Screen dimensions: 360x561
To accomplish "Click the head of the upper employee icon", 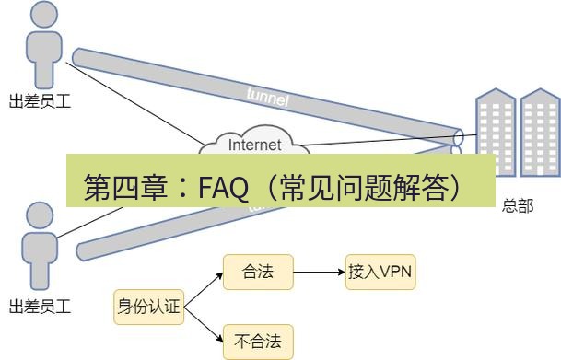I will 41,14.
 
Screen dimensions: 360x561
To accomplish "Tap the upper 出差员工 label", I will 40,101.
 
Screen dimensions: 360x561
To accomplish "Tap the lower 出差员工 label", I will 40,306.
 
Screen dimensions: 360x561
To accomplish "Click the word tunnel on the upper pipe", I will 267,96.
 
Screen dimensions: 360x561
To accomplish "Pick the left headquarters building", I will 493,138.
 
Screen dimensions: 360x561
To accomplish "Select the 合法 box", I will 258,273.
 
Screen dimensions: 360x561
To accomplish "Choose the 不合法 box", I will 258,343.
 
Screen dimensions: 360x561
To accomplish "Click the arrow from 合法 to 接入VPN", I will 319,273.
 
